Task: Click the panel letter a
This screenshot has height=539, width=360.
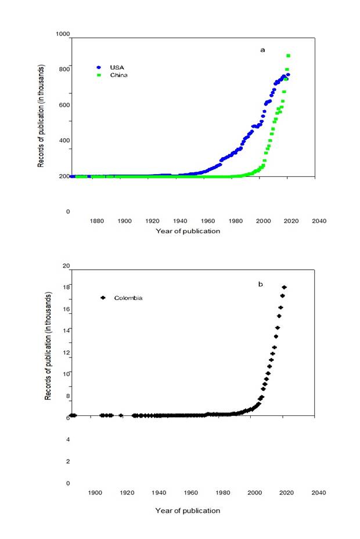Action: [x=262, y=50]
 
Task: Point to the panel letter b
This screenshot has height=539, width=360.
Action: [x=261, y=284]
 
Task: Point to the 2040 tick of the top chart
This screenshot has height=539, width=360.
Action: [x=319, y=221]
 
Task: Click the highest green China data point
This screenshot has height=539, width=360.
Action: [x=288, y=56]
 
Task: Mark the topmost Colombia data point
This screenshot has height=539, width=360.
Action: [x=284, y=287]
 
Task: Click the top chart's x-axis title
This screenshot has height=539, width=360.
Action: [x=188, y=231]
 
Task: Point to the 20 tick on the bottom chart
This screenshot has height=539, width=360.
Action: [x=66, y=266]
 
